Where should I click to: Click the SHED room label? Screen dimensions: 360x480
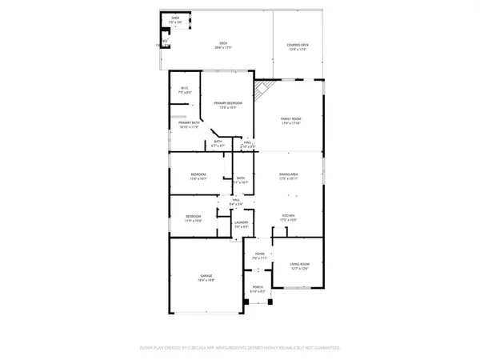click(175, 19)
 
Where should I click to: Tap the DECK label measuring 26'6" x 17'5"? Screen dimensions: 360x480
click(223, 46)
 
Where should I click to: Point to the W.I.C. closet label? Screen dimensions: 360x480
click(184, 90)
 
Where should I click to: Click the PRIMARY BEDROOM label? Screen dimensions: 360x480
click(228, 105)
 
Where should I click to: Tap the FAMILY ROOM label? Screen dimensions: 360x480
click(290, 120)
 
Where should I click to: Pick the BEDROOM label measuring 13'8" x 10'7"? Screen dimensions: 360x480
click(198, 176)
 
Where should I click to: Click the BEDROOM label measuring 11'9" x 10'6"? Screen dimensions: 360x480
click(194, 218)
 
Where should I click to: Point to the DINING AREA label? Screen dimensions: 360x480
click(288, 176)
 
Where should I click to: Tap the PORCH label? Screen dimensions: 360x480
click(257, 289)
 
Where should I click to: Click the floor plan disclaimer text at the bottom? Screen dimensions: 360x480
click(240, 348)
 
